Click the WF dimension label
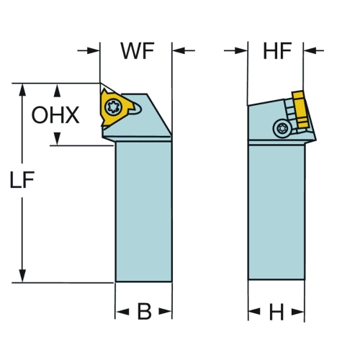point(138,51)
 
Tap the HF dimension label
point(277,51)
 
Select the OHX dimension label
point(55,115)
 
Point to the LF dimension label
point(22,179)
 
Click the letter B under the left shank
point(144,312)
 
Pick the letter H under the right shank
point(276,312)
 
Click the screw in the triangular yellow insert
point(112,107)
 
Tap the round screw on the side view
point(282,128)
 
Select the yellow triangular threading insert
point(115,107)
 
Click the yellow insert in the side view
point(300,109)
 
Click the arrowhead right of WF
point(179,50)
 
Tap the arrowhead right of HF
point(310,50)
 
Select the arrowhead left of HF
point(241,50)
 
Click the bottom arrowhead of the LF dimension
point(22,276)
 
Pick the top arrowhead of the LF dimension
point(22,90)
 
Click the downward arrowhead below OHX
point(57,139)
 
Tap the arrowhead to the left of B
point(122,312)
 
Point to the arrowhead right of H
point(298,312)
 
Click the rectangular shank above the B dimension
point(143,212)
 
